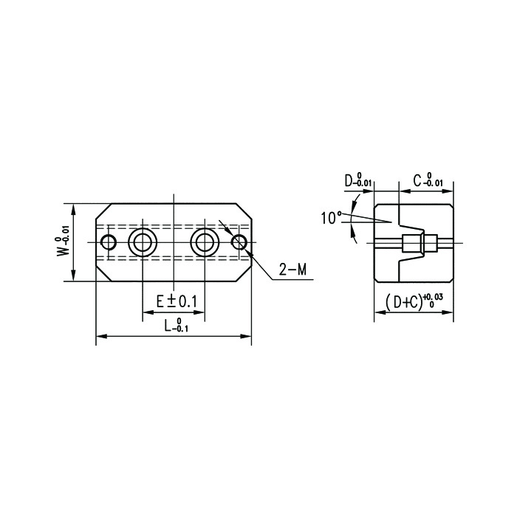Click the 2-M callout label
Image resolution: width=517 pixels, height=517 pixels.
point(292,270)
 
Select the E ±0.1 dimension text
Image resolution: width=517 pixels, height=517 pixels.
point(177,301)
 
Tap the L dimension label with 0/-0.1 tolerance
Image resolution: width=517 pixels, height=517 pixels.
point(177,325)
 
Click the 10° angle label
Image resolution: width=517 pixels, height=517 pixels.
point(332,218)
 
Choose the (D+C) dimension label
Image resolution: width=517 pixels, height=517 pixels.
point(414,301)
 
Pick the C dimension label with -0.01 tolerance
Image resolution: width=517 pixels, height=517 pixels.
point(428,180)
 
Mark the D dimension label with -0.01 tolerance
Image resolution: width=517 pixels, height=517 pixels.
point(358,180)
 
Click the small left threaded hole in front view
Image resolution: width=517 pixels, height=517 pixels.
point(109,243)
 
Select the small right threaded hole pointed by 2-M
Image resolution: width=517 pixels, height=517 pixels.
point(239,242)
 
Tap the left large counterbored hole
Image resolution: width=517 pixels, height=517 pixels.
point(143,243)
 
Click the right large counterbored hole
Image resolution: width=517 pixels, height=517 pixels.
point(205,243)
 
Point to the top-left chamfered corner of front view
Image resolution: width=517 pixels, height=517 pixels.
point(104,211)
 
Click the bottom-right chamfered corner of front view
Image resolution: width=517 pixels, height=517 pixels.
point(244,273)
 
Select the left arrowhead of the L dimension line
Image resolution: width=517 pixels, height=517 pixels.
point(101,336)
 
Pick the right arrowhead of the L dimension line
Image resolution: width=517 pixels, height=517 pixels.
point(246,336)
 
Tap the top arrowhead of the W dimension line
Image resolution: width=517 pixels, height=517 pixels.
point(73,209)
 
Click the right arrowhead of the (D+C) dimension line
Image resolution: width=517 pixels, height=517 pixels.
point(448,312)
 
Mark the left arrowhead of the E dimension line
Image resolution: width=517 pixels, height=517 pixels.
point(148,312)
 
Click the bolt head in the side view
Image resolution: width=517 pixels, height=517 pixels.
point(411,243)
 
